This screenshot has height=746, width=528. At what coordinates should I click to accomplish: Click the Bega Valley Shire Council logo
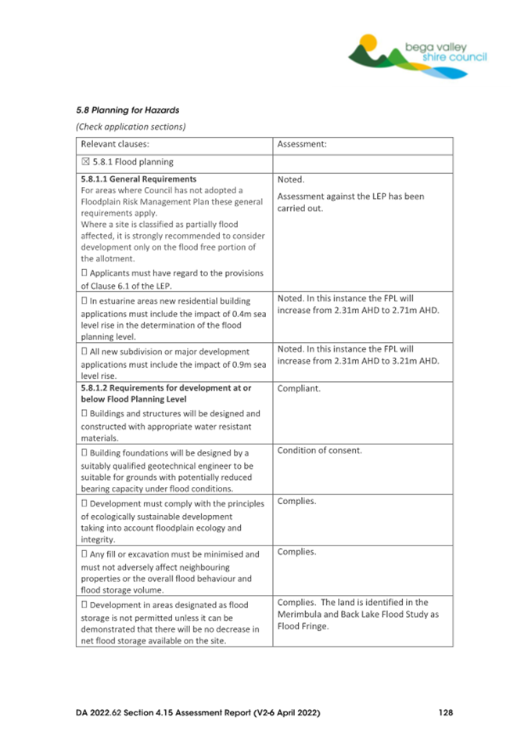coord(417,56)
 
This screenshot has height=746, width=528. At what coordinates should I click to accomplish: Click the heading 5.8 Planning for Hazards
coord(122,110)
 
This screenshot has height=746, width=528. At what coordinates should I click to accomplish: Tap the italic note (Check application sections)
coord(130,126)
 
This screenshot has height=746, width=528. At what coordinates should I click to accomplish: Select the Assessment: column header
coord(302,144)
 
